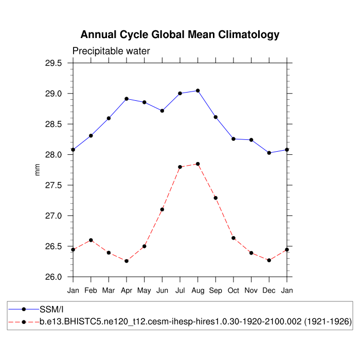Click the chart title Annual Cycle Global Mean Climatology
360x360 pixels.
tap(180, 35)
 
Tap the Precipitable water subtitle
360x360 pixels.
tap(111, 51)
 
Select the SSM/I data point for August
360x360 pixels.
tap(198, 91)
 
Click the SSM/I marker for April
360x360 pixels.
tap(127, 99)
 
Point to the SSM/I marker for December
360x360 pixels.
tap(269, 153)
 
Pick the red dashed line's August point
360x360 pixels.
tap(198, 164)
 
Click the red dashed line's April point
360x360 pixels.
tap(127, 261)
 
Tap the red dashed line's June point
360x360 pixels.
tap(162, 209)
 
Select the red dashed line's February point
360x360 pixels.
tap(91, 240)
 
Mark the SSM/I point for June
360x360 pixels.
tap(162, 111)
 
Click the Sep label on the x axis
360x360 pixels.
tap(215, 291)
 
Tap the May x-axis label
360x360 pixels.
tap(145, 291)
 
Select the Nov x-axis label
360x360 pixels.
tap(251, 291)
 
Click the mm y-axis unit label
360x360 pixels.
tap(37, 170)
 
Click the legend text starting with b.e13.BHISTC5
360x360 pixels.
tap(195, 321)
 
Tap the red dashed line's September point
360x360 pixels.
tap(215, 198)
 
